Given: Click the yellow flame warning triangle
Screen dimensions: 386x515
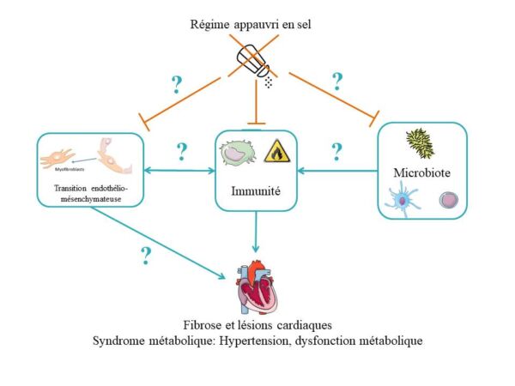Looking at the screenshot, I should point(276,152).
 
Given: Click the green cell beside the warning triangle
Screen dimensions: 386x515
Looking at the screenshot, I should point(236,154).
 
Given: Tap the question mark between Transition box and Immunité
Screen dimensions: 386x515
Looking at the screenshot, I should point(181,152).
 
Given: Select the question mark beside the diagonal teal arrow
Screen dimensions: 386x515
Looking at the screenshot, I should point(146,255).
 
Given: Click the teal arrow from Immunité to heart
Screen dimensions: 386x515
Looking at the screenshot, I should point(256,232).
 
